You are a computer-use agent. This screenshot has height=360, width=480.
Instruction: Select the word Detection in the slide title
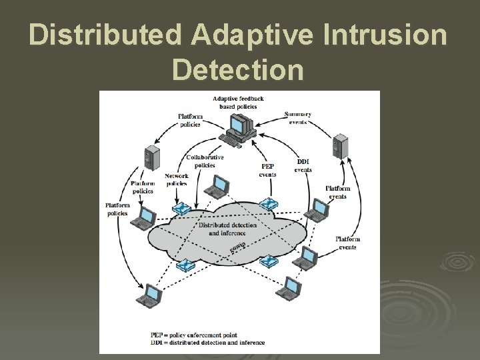[239, 69]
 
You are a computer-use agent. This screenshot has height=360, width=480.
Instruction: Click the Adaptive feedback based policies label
[238, 103]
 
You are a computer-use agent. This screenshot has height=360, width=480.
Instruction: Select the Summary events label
[297, 118]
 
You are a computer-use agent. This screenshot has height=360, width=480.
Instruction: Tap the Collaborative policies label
[205, 161]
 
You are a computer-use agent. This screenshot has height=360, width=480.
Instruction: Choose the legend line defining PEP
[204, 335]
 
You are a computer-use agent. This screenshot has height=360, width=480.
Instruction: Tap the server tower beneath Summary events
[341, 147]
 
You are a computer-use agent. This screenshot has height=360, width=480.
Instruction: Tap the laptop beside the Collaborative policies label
[217, 186]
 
